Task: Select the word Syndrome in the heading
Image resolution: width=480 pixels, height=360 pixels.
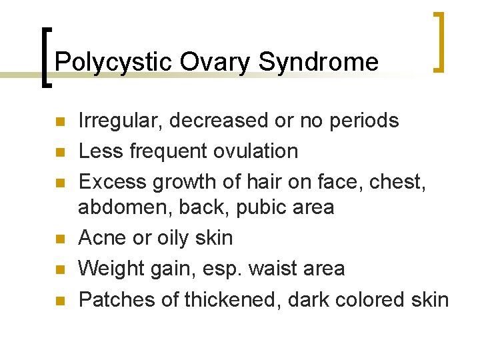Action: (318, 62)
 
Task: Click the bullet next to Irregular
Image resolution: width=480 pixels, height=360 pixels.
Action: (59, 122)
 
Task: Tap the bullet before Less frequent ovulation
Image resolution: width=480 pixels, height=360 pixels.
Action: (59, 152)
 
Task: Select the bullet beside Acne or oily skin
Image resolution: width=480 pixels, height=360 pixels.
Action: (59, 239)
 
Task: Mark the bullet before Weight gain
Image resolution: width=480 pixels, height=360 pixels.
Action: (59, 269)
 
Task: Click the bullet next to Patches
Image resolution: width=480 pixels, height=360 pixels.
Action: (59, 301)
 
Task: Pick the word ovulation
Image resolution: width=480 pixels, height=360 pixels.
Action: (255, 151)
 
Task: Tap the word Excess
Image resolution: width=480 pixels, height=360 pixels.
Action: (111, 181)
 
